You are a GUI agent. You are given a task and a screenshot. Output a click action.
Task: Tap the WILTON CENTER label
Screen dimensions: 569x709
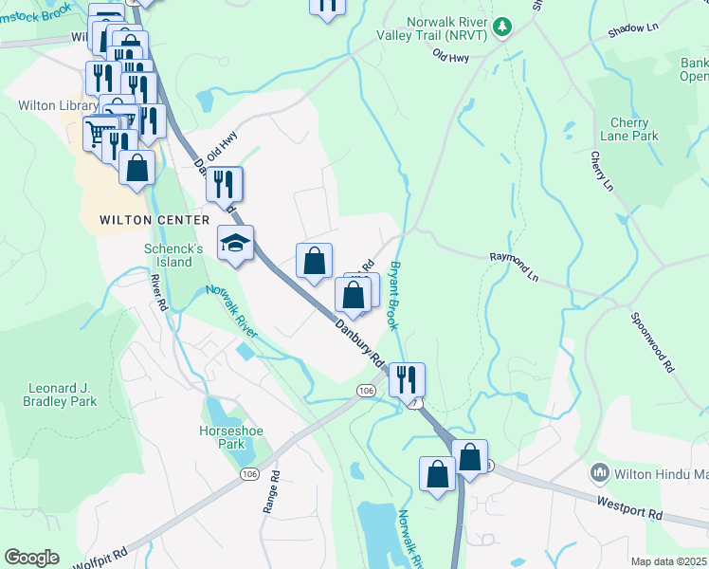coord(154,220)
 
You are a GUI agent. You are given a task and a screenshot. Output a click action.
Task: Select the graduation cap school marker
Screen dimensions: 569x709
coord(236,244)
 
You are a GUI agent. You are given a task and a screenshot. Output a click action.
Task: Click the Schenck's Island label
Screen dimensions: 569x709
coord(173,254)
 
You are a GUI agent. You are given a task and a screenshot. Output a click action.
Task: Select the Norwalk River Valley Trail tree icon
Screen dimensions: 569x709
coord(505,27)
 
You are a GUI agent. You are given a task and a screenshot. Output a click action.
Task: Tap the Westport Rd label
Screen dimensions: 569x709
coord(628,505)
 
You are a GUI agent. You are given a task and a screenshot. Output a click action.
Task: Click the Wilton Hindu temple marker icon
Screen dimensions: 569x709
coord(599,471)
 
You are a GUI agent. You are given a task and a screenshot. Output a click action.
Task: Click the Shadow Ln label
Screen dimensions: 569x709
coord(632,30)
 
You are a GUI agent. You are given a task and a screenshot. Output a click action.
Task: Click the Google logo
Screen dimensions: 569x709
coord(31,558)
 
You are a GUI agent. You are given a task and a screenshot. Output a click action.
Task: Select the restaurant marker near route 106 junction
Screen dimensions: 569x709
coord(407,379)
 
